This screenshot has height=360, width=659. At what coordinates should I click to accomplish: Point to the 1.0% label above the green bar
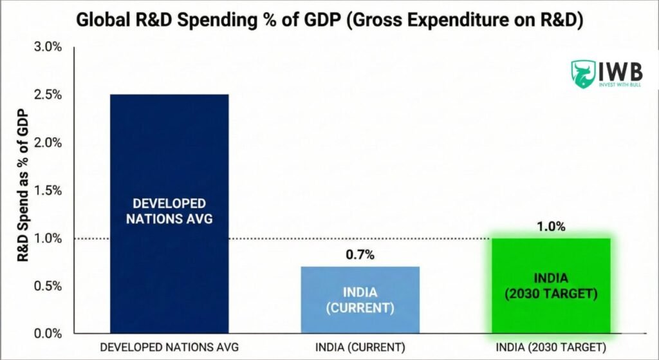(551, 226)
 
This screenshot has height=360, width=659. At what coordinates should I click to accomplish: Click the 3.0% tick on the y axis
(48, 47)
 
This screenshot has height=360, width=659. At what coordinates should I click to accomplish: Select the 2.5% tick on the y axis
(48, 95)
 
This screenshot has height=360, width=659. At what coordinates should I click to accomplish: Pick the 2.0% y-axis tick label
(48, 142)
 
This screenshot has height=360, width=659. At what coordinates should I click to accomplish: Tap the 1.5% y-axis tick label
(48, 190)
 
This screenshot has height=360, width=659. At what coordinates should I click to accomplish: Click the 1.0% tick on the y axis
(48, 238)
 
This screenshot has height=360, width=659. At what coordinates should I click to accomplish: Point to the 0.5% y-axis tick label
(48, 285)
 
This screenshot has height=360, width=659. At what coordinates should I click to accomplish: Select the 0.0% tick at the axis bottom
(48, 333)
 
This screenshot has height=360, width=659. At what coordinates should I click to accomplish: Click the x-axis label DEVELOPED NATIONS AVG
(169, 347)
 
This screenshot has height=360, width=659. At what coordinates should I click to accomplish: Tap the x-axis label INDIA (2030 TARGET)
(551, 347)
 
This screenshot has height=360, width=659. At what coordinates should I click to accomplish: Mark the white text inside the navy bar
(169, 211)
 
